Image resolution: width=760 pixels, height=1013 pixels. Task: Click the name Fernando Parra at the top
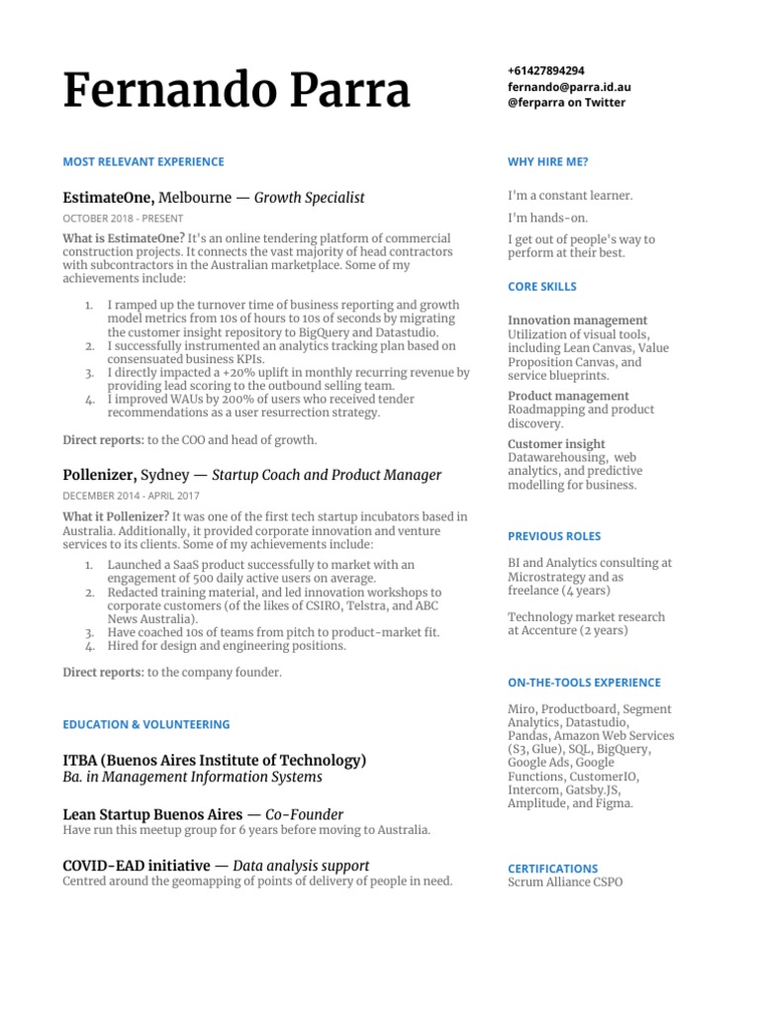click(x=236, y=92)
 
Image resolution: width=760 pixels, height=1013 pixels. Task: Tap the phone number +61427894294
click(x=545, y=71)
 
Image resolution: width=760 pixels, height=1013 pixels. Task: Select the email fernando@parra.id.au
click(x=569, y=87)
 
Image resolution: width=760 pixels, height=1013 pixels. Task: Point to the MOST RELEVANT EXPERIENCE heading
click(x=143, y=162)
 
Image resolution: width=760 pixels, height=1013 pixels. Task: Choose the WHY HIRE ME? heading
click(x=548, y=162)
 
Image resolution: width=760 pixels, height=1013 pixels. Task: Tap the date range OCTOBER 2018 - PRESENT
click(x=123, y=219)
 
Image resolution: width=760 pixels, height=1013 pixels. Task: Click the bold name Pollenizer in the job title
click(x=99, y=475)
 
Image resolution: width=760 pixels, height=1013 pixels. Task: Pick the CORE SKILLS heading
click(x=542, y=287)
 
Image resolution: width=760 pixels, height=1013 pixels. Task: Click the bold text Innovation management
click(x=578, y=321)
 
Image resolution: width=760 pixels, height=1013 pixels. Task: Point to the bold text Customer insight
click(x=556, y=444)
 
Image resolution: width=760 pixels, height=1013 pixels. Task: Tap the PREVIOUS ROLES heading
click(x=554, y=536)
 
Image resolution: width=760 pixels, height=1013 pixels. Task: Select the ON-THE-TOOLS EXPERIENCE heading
click(x=584, y=683)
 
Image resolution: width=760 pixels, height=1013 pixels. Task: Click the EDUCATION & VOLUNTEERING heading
click(x=145, y=724)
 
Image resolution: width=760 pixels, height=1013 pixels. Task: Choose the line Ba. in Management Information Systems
click(x=192, y=778)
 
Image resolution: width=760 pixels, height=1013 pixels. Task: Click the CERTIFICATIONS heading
click(x=553, y=869)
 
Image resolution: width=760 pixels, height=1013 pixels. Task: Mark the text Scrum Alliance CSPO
click(x=565, y=882)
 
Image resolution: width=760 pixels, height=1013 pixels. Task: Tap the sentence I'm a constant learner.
click(x=570, y=196)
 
